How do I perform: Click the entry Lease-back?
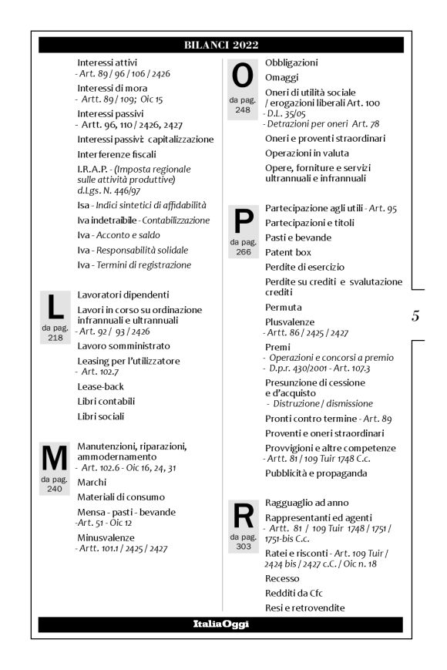click(x=101, y=386)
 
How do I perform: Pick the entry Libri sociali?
click(x=101, y=416)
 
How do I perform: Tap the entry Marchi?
click(x=92, y=481)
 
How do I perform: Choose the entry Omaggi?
click(x=281, y=77)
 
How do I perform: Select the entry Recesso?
click(x=284, y=578)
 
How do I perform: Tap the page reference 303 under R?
click(x=242, y=545)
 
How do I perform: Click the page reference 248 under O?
click(x=242, y=109)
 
